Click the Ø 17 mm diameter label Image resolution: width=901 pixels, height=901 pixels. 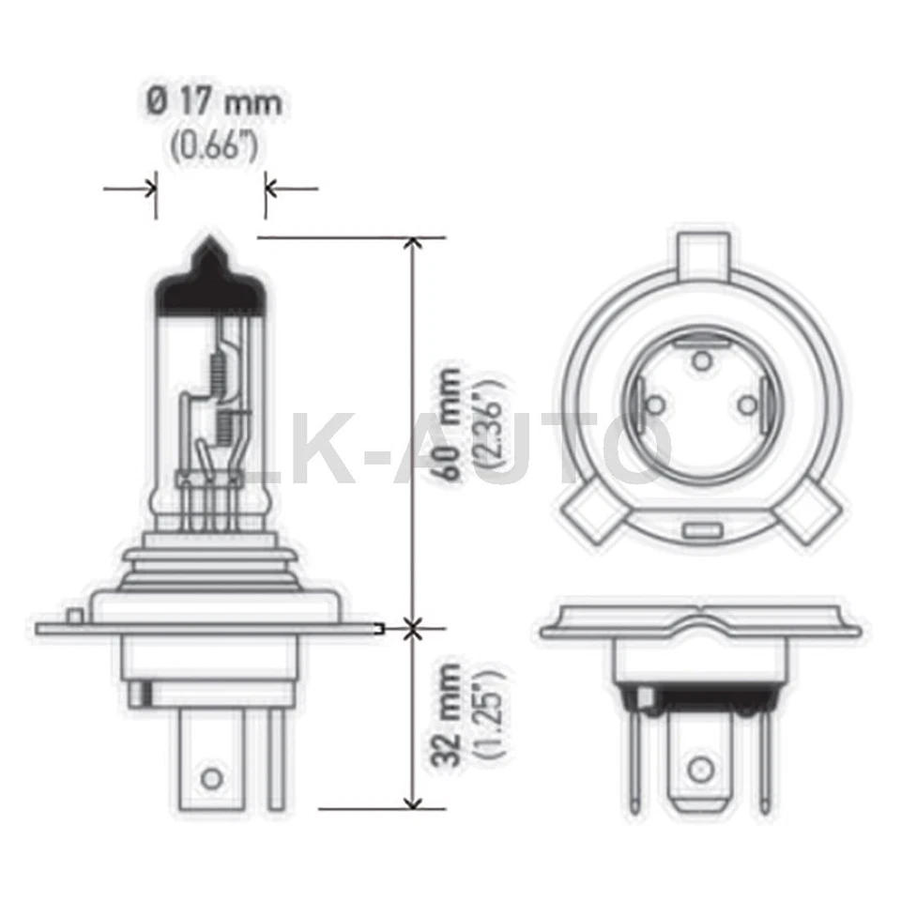point(214,101)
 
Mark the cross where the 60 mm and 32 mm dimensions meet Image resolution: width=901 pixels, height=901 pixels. point(411,627)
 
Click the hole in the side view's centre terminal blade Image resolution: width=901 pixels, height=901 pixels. point(212,777)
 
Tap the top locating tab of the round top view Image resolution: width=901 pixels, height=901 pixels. point(703,252)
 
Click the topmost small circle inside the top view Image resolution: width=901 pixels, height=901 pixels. point(699,358)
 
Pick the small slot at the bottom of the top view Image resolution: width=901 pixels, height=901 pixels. point(698,531)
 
